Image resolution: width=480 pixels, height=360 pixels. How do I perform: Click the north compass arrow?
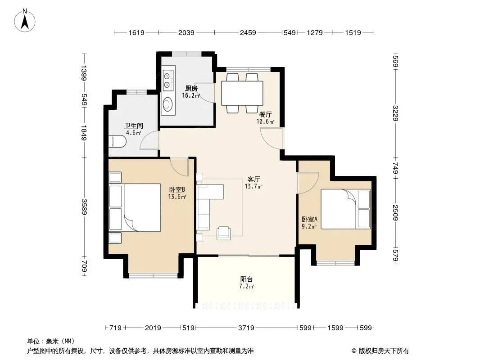tap(25, 22)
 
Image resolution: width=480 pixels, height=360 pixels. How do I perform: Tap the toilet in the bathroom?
tap(117, 141)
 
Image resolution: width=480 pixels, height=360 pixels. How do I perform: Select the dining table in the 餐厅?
tap(242, 93)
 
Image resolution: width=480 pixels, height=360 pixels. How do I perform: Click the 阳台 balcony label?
tap(246, 279)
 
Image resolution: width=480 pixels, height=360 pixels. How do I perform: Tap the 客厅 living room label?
tap(254, 179)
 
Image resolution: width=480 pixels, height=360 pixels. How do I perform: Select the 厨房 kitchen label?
tap(191, 89)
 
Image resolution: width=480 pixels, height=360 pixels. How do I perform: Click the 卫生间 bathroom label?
tap(133, 126)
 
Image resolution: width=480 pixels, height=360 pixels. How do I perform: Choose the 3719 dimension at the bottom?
tap(246, 328)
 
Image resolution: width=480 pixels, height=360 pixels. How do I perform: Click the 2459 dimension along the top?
tap(248, 32)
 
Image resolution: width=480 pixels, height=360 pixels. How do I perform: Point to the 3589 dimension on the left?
tap(85, 207)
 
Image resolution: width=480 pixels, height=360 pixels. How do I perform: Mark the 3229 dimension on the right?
tap(395, 113)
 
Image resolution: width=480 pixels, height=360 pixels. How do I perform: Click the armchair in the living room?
tap(224, 234)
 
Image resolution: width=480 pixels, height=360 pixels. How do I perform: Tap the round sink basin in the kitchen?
tap(167, 104)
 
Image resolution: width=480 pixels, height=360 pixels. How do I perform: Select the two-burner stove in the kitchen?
tap(168, 80)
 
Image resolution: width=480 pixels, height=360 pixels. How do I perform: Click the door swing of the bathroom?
tap(149, 140)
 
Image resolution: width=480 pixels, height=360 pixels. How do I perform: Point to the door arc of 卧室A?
tap(308, 183)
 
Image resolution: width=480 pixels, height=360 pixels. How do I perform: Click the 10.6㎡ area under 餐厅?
tap(265, 122)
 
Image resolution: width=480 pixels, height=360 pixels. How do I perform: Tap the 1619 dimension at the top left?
tap(136, 32)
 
